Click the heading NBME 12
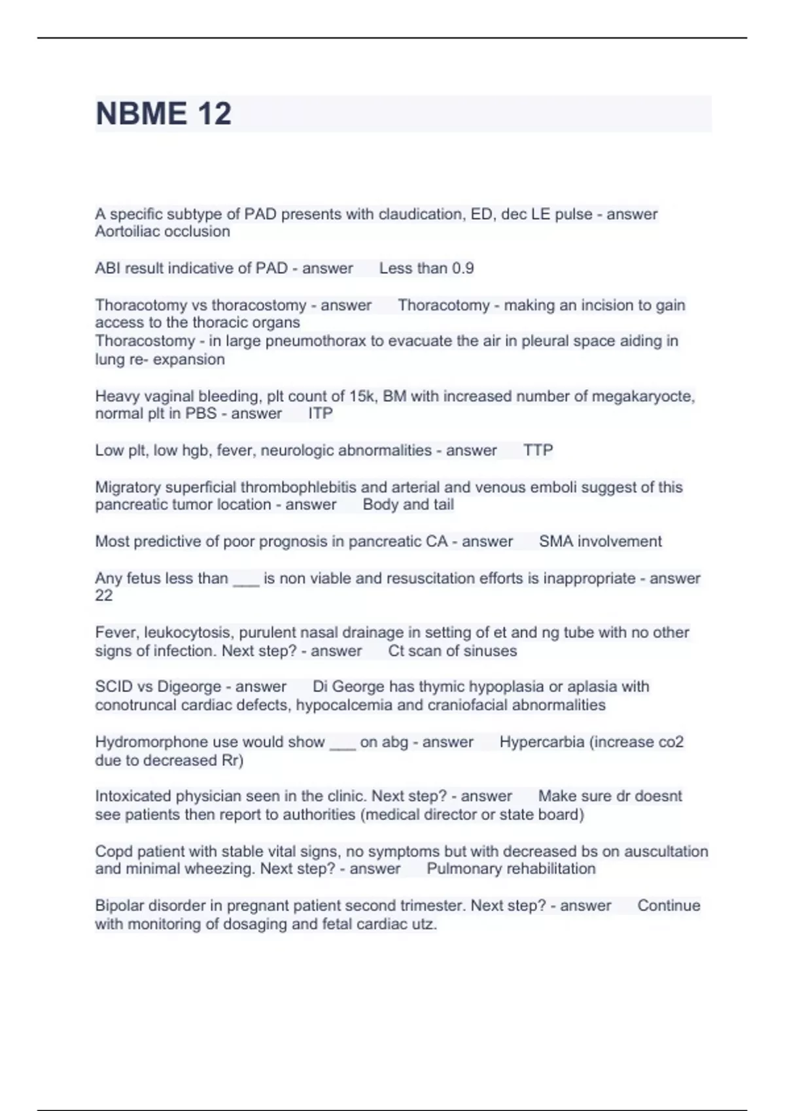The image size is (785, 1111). coord(164,114)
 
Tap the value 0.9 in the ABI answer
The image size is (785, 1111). coord(462,269)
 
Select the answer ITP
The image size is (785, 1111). coord(321,414)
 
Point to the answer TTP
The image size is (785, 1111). coord(538,450)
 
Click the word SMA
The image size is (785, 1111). coord(554,542)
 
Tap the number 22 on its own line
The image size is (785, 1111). coord(103,596)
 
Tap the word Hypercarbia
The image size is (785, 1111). coord(542,742)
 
